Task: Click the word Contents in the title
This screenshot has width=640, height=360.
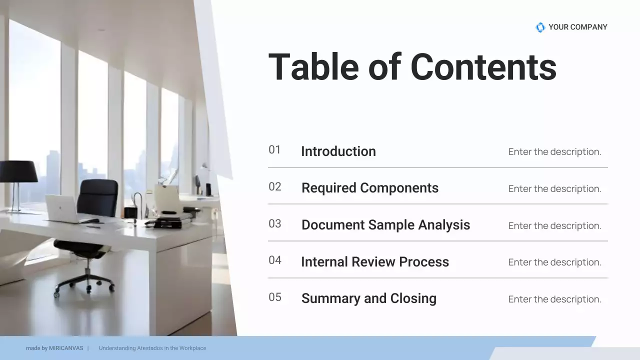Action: [x=483, y=67]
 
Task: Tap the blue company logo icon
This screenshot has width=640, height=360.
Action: [x=540, y=27]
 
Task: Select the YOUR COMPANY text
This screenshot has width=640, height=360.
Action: [x=577, y=27]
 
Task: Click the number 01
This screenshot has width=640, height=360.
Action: [x=274, y=150]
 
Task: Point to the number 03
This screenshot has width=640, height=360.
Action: [x=274, y=224]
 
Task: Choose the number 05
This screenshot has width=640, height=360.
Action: [x=274, y=297]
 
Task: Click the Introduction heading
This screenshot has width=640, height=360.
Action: [x=338, y=151]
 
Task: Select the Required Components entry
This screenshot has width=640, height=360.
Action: [x=369, y=188]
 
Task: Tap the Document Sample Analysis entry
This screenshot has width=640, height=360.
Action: [x=385, y=225]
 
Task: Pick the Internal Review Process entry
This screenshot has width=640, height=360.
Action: [x=374, y=262]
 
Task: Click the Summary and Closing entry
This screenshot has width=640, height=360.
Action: [x=368, y=298]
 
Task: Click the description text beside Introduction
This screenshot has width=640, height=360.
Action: [x=554, y=152]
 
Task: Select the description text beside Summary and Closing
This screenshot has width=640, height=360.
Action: [x=554, y=299]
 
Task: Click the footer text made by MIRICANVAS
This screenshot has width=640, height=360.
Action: [x=54, y=348]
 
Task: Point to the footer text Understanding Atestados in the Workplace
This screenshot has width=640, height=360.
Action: [x=152, y=348]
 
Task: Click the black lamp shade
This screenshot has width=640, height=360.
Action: [x=18, y=171]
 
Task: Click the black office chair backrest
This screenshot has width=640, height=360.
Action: [x=98, y=197]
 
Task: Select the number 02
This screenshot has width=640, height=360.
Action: [x=274, y=187]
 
